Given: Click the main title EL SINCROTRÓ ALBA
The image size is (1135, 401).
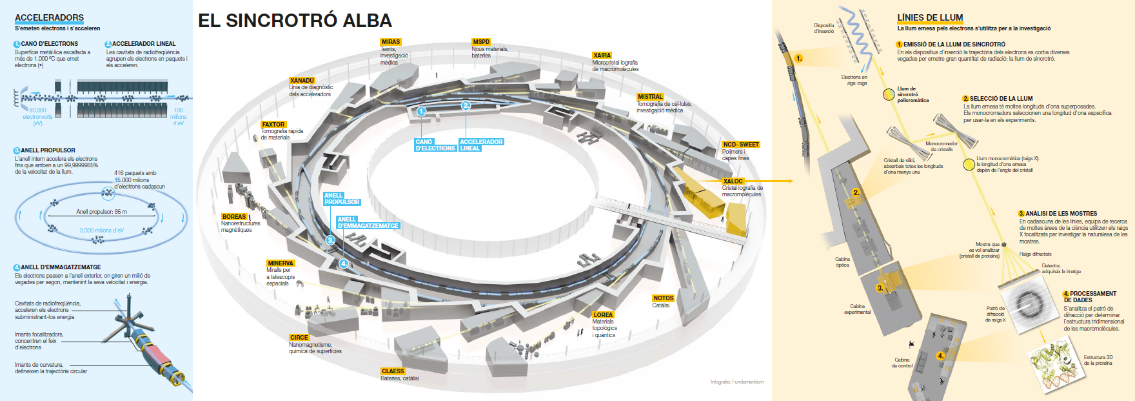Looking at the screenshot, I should (295, 21).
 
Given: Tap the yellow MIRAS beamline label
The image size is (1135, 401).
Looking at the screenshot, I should (391, 42).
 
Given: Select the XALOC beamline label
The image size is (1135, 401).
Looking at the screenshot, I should (733, 181).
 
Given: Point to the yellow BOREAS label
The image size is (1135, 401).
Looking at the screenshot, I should (234, 217).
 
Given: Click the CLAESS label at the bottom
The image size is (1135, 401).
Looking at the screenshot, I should (393, 371).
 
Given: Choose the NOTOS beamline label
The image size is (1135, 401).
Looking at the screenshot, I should (663, 298).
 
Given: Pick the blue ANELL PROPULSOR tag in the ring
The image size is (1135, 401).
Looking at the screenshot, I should (342, 199).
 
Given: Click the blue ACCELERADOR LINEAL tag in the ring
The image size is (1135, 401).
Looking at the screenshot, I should (481, 145).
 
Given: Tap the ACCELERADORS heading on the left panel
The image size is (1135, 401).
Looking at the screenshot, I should (49, 17).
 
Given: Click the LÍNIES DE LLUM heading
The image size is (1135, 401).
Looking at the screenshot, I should (930, 17).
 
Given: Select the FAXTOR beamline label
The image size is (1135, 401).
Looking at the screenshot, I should (273, 125).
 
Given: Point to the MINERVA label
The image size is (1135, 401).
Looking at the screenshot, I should (281, 263).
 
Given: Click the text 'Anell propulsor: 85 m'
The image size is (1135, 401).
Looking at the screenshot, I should (102, 212).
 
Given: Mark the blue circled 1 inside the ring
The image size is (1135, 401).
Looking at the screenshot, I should (421, 111).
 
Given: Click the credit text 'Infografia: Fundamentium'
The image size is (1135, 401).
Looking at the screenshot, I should (736, 382).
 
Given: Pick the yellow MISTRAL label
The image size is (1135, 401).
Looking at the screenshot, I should (650, 97).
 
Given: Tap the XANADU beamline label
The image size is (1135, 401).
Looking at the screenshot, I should (302, 81).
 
